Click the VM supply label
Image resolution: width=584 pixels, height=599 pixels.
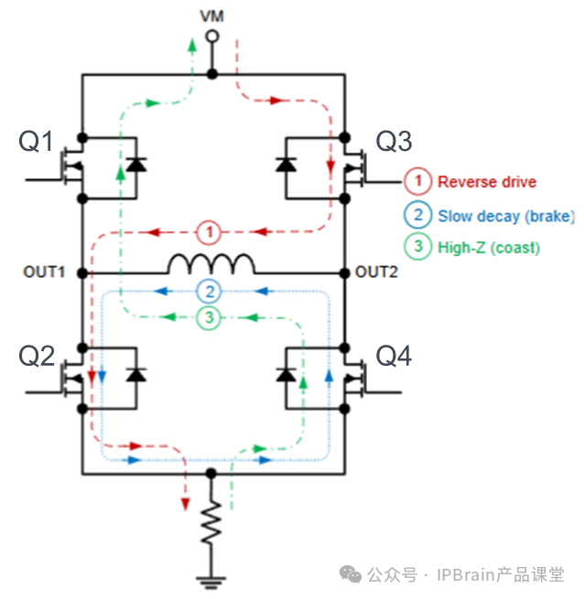(x=211, y=16)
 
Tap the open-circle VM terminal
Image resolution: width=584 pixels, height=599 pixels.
(x=211, y=37)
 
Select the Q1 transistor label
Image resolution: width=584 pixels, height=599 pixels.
(x=37, y=142)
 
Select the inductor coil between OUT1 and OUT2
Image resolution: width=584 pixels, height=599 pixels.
(x=211, y=264)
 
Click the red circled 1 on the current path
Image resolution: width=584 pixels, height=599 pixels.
(x=211, y=232)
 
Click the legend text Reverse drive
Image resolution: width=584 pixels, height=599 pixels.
(x=486, y=182)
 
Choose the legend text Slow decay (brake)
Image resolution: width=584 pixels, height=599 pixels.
(x=505, y=217)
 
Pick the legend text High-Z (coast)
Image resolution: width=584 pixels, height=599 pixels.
(x=488, y=248)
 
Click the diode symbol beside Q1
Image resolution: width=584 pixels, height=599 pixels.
(x=136, y=165)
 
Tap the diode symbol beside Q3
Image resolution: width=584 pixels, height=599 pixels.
(x=286, y=165)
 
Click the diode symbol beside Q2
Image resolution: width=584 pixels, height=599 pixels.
(x=136, y=374)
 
